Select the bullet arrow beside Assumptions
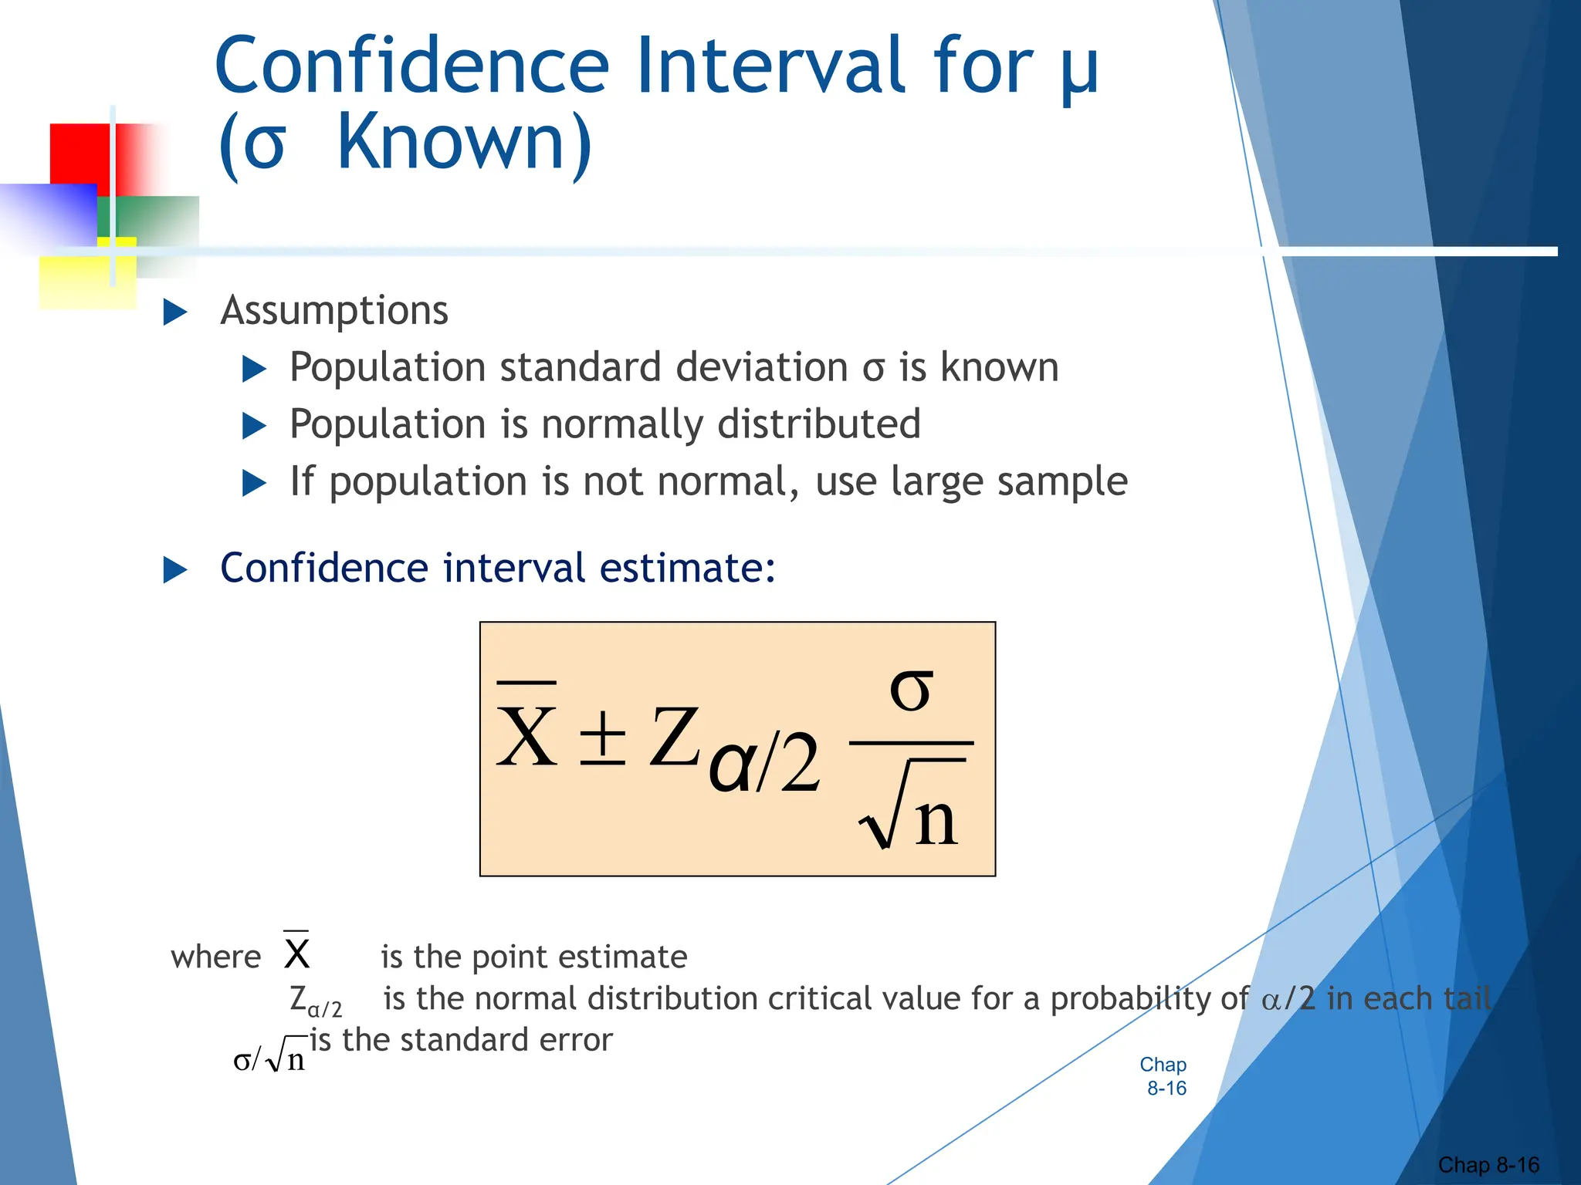[175, 312]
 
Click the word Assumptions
[333, 311]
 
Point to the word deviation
[761, 367]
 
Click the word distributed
[818, 424]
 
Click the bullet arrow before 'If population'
[254, 483]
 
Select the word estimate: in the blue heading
[687, 569]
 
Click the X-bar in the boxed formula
[526, 729]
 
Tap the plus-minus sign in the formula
[603, 737]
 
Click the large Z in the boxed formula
[673, 737]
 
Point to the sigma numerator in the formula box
[911, 689]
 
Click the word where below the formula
[215, 957]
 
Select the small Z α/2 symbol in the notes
[315, 1001]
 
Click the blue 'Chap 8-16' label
[1164, 1076]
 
